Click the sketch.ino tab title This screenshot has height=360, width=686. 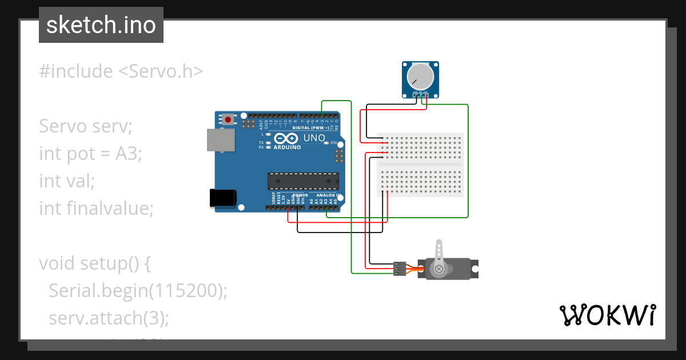click(101, 25)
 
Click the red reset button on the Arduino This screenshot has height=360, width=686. click(229, 120)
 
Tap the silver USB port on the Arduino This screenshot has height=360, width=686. click(221, 141)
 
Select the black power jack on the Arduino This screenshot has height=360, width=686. click(224, 197)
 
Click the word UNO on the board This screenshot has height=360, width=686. click(314, 138)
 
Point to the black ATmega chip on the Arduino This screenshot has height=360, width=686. click(303, 181)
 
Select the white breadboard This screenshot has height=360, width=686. click(420, 165)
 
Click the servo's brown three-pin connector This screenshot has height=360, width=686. click(400, 268)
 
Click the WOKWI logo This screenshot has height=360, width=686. click(607, 315)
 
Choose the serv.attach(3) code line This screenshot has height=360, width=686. click(109, 318)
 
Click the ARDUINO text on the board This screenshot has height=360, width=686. click(288, 147)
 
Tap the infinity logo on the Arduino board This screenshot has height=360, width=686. click(285, 138)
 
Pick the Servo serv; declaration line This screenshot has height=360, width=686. click(86, 126)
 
